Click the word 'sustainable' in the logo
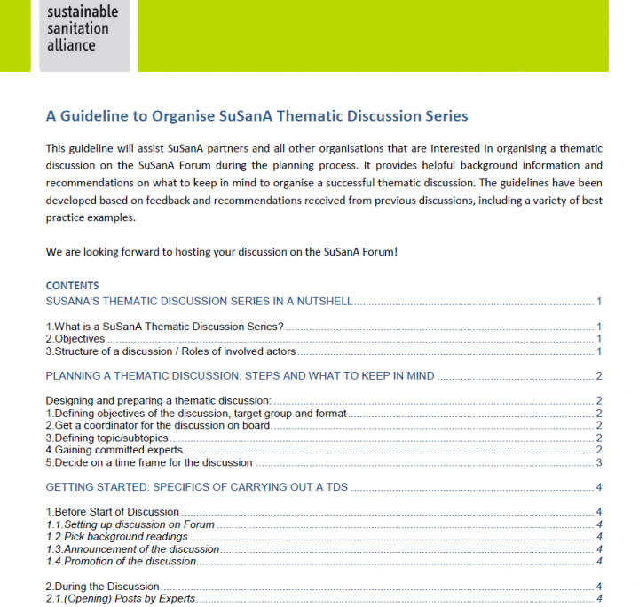(x=83, y=12)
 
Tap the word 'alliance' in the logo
(x=72, y=44)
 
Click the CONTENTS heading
(x=72, y=286)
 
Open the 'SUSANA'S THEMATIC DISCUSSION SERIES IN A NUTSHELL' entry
(x=200, y=302)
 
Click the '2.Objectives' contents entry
(x=75, y=339)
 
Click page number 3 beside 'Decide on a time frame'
(x=600, y=462)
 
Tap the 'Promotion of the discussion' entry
(x=124, y=561)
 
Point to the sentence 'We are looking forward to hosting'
(x=221, y=252)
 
